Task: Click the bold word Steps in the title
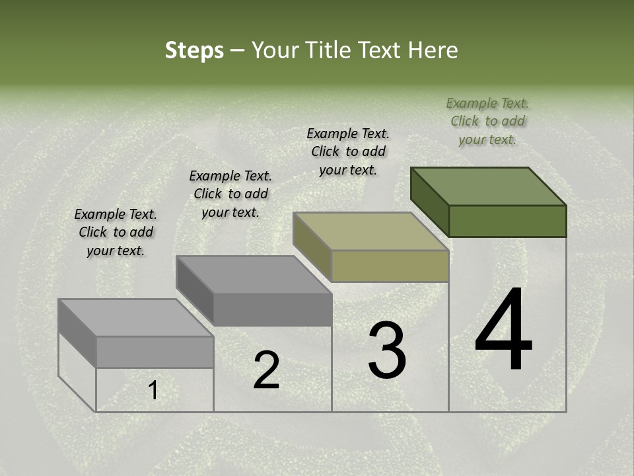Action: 194,50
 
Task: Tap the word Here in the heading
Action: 433,50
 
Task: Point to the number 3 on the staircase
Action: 387,350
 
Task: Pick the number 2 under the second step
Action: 266,370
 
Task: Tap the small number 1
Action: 153,391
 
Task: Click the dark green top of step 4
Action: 489,186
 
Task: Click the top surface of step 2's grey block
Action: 254,275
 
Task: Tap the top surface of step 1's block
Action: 136,318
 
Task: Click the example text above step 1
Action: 116,232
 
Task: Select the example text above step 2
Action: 230,194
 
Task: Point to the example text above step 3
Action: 348,151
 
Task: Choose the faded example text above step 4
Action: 487,121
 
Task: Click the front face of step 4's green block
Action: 507,221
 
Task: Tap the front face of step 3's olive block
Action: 390,266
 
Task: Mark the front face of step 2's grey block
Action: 272,309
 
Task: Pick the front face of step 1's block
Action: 155,352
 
